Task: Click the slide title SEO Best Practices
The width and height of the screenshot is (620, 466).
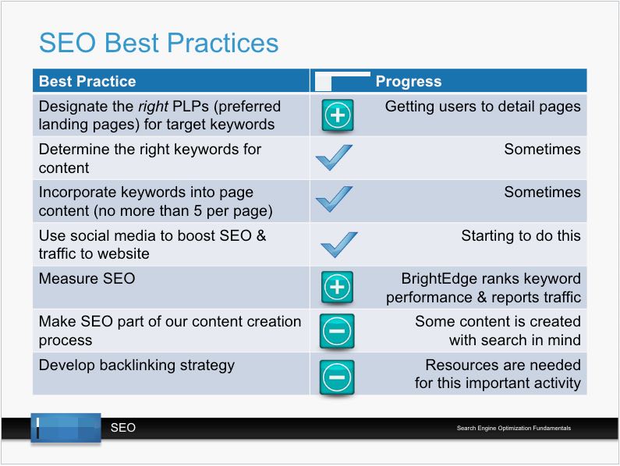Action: tap(158, 43)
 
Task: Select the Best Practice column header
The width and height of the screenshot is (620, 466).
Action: tap(87, 81)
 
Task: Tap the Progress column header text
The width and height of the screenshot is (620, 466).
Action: tap(409, 81)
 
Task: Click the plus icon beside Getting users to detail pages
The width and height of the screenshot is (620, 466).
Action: tap(337, 115)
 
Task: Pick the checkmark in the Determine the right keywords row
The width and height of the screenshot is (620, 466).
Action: tap(334, 157)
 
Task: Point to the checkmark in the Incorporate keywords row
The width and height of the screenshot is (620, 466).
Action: tap(334, 199)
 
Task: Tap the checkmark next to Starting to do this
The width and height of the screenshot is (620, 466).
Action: tap(339, 245)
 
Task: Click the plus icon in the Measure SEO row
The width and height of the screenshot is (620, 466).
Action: tap(337, 288)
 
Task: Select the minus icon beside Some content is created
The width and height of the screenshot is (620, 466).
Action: tap(337, 331)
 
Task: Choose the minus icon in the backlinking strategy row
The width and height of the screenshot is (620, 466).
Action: tap(337, 377)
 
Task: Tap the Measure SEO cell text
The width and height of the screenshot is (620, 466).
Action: tap(87, 279)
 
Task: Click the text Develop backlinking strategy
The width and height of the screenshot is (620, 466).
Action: tap(136, 365)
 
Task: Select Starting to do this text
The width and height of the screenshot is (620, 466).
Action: tap(521, 235)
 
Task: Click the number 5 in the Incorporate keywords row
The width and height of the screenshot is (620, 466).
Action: tap(198, 210)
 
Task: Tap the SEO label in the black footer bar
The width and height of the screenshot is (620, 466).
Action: tap(123, 428)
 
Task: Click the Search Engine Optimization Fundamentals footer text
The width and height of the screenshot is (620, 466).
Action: tap(514, 428)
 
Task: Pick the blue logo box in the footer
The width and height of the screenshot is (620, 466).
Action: tap(66, 428)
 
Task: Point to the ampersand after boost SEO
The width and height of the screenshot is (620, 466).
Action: tap(261, 235)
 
